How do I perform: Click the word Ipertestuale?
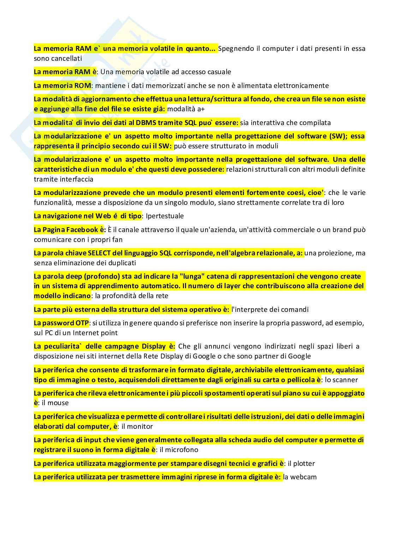[x=165, y=216]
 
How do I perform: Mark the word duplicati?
[x=122, y=263]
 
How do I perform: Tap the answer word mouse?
[x=58, y=403]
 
